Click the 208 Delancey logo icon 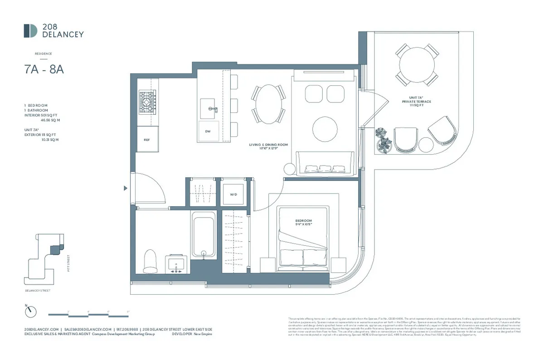coord(30,30)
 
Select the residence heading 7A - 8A coord(41,70)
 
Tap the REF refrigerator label coord(147,140)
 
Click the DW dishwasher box coord(209,131)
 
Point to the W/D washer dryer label coord(233,194)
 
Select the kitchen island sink coord(209,108)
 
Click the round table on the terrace coord(417,63)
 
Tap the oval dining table coord(268,104)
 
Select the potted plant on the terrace coord(384,140)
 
